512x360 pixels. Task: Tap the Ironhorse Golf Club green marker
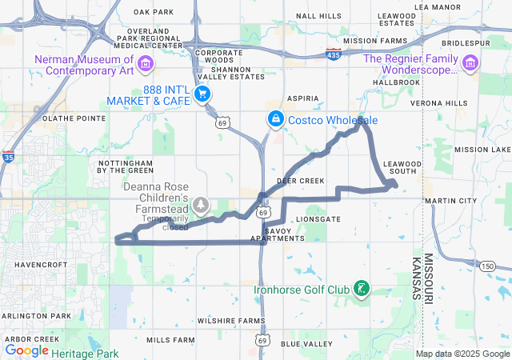tap(362, 289)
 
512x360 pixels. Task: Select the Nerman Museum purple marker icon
tap(146, 62)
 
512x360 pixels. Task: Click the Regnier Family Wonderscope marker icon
tap(470, 62)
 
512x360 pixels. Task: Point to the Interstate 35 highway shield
tap(8, 157)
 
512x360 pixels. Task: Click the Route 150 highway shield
tap(487, 266)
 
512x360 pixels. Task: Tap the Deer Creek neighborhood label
tap(301, 181)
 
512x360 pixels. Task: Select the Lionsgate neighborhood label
tap(318, 218)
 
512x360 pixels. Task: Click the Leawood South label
tap(402, 167)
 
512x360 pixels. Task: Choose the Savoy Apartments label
tap(278, 234)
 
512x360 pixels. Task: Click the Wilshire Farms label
tap(231, 320)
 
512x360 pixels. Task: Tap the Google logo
tap(27, 350)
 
